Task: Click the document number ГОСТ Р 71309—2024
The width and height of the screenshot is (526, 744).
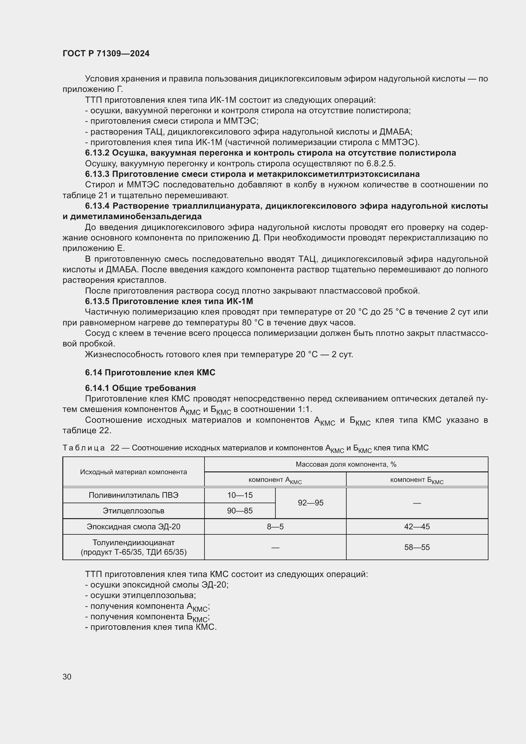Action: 106,53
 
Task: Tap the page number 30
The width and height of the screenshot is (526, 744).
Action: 67,677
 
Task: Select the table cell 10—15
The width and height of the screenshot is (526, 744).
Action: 240,495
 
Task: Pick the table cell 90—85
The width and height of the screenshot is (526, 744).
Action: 240,511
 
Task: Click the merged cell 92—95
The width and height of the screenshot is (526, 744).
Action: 310,503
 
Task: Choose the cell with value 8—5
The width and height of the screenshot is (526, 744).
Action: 275,526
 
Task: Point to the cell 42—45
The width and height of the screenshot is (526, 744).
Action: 417,526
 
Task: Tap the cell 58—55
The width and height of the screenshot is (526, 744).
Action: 417,547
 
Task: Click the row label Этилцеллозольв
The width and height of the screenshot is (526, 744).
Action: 134,511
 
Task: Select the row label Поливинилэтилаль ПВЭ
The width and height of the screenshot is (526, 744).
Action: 134,495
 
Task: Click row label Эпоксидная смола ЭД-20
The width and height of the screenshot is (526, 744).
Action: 134,526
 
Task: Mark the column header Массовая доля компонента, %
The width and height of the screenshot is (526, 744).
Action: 346,464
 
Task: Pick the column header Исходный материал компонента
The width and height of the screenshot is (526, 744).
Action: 134,472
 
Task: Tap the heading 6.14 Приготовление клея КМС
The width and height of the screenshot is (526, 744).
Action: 150,373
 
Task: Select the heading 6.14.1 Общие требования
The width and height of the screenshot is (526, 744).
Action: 140,388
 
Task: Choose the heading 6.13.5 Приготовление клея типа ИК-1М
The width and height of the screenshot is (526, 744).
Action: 169,301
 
